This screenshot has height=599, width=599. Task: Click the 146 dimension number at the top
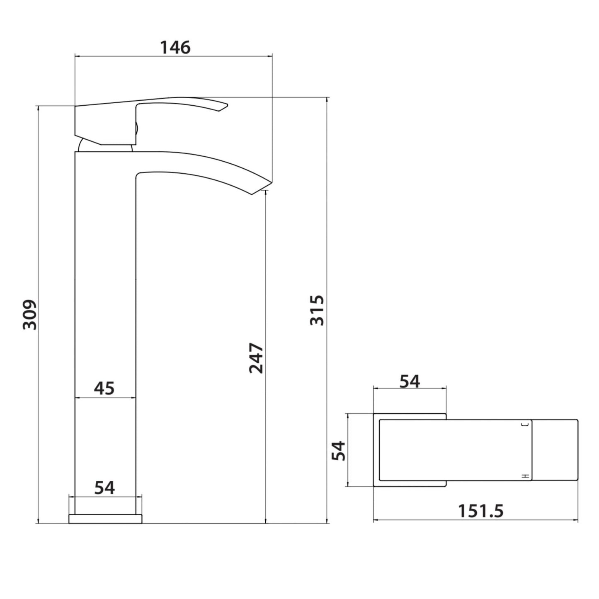click(175, 47)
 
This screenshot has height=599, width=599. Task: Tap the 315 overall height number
click(317, 310)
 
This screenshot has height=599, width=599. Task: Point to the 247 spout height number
click(256, 358)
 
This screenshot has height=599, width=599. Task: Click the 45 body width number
click(104, 388)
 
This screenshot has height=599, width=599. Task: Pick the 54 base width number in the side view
click(104, 488)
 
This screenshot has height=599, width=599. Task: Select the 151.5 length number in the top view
click(480, 511)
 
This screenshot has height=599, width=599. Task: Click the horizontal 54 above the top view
click(410, 381)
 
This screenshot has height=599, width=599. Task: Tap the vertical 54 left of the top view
click(338, 451)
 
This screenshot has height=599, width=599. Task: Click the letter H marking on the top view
click(526, 477)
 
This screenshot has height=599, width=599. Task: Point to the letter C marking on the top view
click(527, 424)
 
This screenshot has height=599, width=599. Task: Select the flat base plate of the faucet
click(105, 519)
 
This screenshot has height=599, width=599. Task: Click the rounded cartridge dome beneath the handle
click(85, 146)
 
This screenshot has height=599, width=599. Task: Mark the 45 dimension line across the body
click(105, 398)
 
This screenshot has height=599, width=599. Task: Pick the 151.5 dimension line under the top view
click(475, 520)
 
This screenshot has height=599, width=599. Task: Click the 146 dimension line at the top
click(173, 56)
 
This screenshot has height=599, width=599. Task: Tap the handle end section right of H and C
click(555, 450)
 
